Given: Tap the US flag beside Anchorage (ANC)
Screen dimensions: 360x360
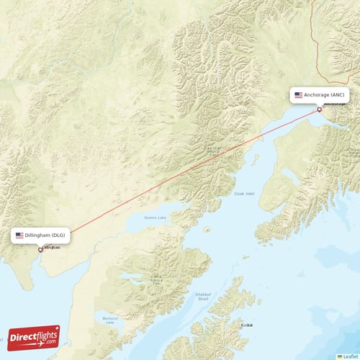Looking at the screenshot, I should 298,95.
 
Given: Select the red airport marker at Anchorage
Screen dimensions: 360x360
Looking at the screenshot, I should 320,109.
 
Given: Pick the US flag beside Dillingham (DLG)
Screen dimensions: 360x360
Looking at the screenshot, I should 19,235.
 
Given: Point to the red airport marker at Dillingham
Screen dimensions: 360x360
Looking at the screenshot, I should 40,250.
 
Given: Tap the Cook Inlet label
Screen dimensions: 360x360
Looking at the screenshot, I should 244,194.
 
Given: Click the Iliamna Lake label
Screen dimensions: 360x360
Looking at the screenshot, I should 154,217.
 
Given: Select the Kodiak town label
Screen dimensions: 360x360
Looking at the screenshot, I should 247,325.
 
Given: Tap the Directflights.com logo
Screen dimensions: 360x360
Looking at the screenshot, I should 33,337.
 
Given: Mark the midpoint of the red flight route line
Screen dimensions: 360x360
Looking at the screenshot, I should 180,179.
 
